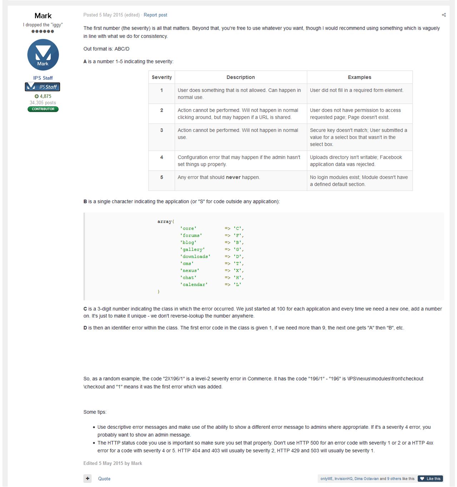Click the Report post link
click(x=155, y=15)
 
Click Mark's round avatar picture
click(x=43, y=55)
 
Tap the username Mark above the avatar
click(x=43, y=16)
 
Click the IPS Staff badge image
click(x=43, y=87)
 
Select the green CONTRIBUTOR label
click(x=43, y=109)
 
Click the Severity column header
click(x=162, y=77)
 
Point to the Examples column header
click(x=359, y=77)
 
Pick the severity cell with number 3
click(x=162, y=130)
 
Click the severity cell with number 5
click(x=162, y=177)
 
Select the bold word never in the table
click(x=233, y=177)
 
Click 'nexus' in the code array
click(x=190, y=270)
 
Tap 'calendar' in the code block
click(x=194, y=285)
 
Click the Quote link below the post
click(x=104, y=479)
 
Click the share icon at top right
click(x=444, y=15)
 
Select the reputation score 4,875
click(x=45, y=96)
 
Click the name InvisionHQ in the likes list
click(x=343, y=479)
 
